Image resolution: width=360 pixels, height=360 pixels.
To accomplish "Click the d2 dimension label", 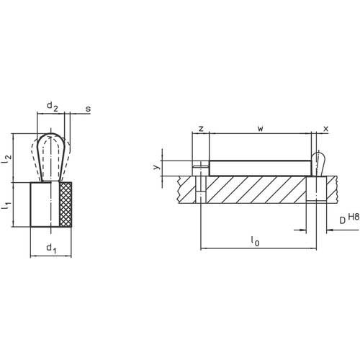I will tap(52, 107).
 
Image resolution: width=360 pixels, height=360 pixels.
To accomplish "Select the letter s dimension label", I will tap(88, 109).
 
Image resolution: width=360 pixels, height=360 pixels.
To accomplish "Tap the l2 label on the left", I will tap(7, 161).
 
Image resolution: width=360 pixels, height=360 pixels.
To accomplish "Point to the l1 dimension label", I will tap(7, 206).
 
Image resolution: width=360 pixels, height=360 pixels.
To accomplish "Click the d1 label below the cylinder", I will tap(50, 249).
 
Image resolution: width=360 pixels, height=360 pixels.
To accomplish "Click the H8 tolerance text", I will tap(353, 216).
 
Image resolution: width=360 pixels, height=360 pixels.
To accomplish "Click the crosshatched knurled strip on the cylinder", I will tap(67, 206).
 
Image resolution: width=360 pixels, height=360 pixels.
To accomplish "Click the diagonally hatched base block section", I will tap(259, 191).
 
